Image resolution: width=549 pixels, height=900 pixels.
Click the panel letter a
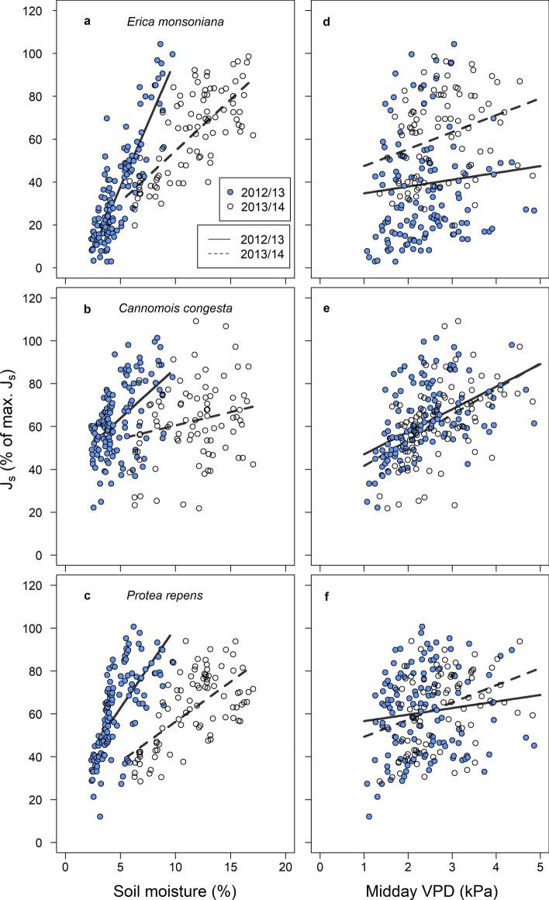(88, 22)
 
